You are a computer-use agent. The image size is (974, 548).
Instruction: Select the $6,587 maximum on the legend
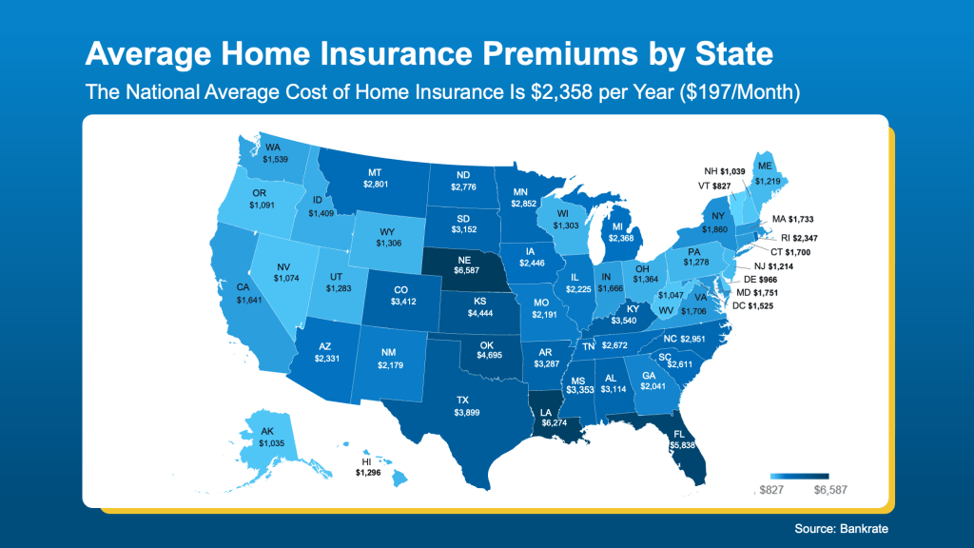tap(828, 490)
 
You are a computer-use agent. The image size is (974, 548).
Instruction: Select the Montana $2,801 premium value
tap(376, 184)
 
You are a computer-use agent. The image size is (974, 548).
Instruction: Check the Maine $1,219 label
tap(768, 180)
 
